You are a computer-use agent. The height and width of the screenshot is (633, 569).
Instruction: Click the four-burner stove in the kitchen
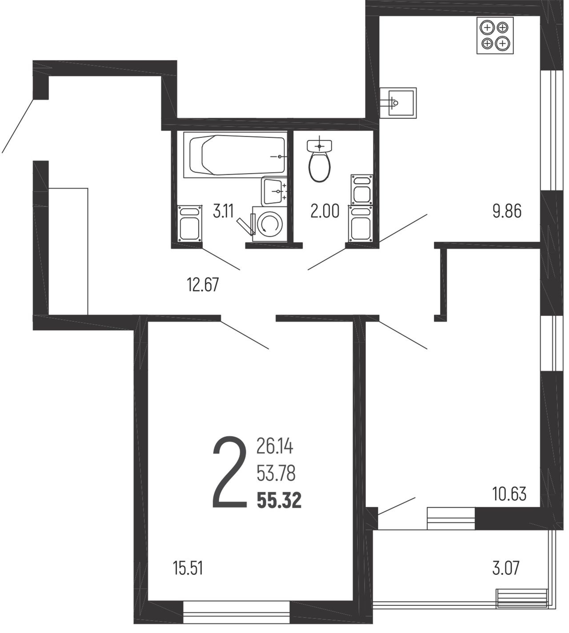click(495, 35)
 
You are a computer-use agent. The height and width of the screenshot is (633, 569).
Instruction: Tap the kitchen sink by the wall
click(398, 103)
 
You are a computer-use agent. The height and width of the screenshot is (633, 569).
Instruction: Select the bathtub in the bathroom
click(235, 155)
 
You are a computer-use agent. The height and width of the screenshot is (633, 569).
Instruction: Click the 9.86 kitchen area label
click(507, 211)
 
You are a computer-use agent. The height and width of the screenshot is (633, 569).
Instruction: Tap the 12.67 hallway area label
click(203, 285)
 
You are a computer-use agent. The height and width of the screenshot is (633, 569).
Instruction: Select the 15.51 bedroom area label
click(188, 568)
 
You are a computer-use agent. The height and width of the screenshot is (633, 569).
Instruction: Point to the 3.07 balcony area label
click(505, 568)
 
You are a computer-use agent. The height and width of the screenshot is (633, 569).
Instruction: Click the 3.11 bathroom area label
click(223, 211)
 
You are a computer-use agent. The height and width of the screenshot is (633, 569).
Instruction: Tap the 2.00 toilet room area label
click(325, 211)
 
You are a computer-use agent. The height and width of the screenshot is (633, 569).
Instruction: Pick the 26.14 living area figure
click(275, 446)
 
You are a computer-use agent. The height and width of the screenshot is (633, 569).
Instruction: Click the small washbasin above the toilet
click(320, 146)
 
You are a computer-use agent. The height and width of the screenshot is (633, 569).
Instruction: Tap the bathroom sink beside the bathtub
click(274, 191)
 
